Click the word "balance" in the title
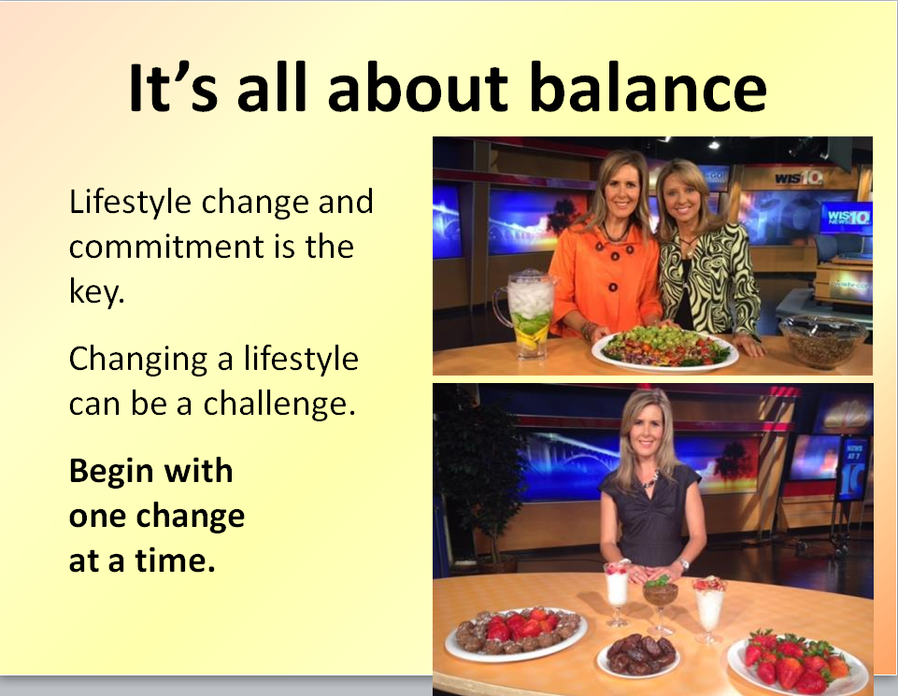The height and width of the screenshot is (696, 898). pyautogui.click(x=648, y=87)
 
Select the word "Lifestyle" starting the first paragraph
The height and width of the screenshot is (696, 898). pyautogui.click(x=130, y=203)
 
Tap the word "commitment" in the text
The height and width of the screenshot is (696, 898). pyautogui.click(x=166, y=247)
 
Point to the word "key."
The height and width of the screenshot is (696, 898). pyautogui.click(x=96, y=291)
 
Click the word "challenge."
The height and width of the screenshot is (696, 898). pyautogui.click(x=279, y=405)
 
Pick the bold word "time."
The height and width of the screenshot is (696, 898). pyautogui.click(x=176, y=561)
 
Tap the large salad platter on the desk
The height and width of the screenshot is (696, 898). pyautogui.click(x=665, y=348)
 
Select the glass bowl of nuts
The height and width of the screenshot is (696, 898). pyautogui.click(x=823, y=342)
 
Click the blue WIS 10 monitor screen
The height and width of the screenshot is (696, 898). pyautogui.click(x=847, y=218)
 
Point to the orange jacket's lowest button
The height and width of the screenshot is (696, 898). pyautogui.click(x=613, y=288)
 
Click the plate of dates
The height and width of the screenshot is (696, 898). pyautogui.click(x=638, y=656)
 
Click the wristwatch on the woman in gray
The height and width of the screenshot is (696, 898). pyautogui.click(x=684, y=563)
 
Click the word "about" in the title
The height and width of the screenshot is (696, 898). pyautogui.click(x=418, y=87)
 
